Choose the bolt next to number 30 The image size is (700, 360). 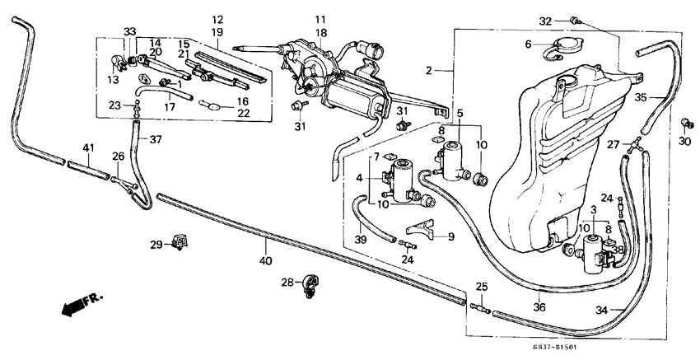click(x=685, y=124)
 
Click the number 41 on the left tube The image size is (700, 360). click(x=87, y=147)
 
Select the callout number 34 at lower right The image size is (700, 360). click(x=603, y=311)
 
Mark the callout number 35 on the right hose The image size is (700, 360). click(x=642, y=96)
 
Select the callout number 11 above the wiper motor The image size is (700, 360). click(x=320, y=18)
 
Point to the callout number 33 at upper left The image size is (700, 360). click(x=129, y=31)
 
